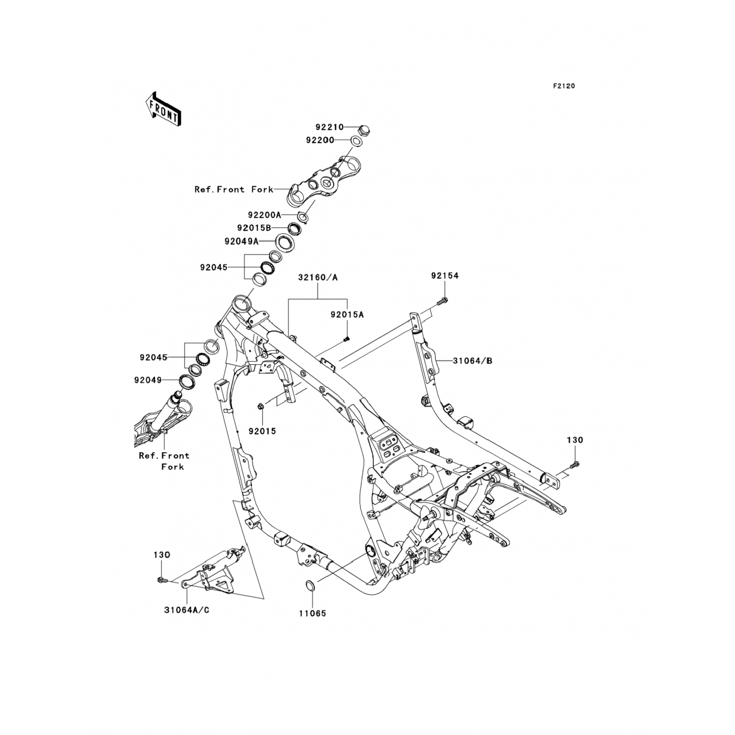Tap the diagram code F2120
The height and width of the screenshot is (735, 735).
[x=564, y=86]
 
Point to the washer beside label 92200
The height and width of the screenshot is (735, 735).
[x=357, y=142]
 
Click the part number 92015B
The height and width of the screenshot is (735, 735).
[x=254, y=228]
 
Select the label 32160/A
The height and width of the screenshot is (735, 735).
[x=318, y=277]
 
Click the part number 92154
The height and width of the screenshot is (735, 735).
[x=445, y=276]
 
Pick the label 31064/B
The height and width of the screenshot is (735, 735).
[x=472, y=361]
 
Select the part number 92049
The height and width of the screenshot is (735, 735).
[x=147, y=380]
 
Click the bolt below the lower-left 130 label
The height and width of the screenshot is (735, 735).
[x=161, y=580]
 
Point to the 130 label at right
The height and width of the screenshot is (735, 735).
[x=575, y=440]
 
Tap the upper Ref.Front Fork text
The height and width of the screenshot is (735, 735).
[x=234, y=189]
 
